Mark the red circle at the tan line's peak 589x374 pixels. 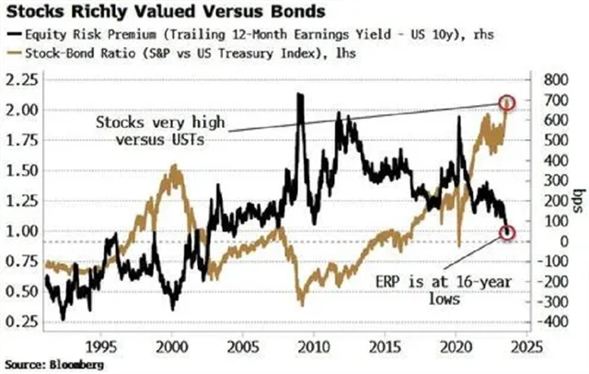point(505,101)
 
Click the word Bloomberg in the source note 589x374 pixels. point(73,365)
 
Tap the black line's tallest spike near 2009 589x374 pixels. point(300,94)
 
